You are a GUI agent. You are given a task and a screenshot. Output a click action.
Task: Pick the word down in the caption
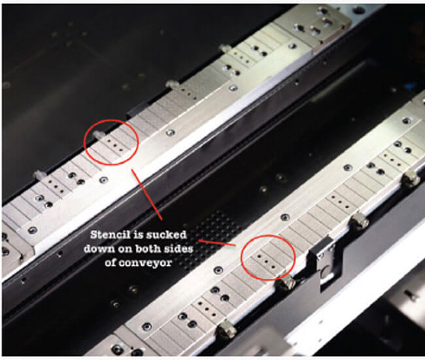[x=98, y=248]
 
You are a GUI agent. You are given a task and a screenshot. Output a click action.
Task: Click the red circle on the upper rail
[x=112, y=120]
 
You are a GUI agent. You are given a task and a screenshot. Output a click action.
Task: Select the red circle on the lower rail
[x=268, y=236]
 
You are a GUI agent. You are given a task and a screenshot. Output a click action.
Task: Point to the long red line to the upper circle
[x=146, y=195]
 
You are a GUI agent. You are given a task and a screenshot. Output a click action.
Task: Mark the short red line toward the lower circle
[x=217, y=243]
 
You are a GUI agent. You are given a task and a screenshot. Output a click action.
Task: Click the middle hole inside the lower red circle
[x=266, y=262]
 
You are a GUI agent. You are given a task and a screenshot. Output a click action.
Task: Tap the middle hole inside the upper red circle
[x=114, y=146]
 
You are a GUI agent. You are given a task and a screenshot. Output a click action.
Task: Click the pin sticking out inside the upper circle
[x=97, y=135]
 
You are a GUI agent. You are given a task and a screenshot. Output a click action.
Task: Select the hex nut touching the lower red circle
[x=286, y=284]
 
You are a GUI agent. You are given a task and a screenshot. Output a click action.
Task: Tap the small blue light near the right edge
[x=412, y=86]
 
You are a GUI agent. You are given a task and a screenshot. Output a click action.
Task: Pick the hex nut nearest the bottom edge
[x=226, y=329]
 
